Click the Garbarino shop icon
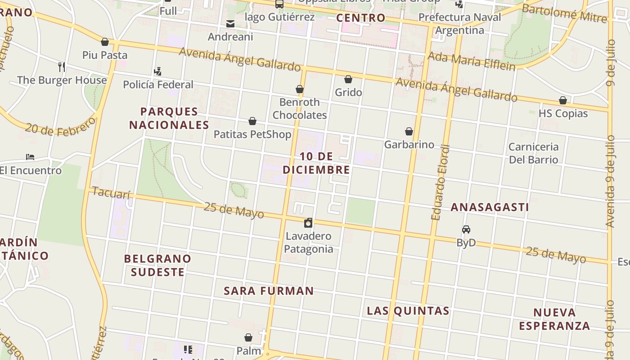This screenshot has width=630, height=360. [409, 131]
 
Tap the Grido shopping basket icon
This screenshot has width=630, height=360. [348, 80]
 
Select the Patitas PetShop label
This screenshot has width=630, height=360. [252, 134]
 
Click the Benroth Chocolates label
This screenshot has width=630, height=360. [300, 108]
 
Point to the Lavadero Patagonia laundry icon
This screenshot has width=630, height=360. [308, 223]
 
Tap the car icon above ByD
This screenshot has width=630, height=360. [466, 229]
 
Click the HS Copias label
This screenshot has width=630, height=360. [563, 113]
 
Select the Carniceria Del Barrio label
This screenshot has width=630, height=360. [533, 153]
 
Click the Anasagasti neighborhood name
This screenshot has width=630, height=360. [490, 207]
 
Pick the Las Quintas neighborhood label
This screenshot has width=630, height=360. [408, 311]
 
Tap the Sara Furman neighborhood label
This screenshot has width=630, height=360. [269, 291]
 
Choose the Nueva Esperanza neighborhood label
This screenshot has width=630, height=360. [554, 319]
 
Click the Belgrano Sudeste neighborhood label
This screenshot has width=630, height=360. [157, 265]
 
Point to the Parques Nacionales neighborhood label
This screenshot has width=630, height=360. [169, 118]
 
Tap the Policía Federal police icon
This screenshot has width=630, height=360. [157, 71]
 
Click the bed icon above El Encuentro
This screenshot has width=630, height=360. [30, 157]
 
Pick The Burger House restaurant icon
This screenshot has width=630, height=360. [62, 67]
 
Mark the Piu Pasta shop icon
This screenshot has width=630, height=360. [105, 42]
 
